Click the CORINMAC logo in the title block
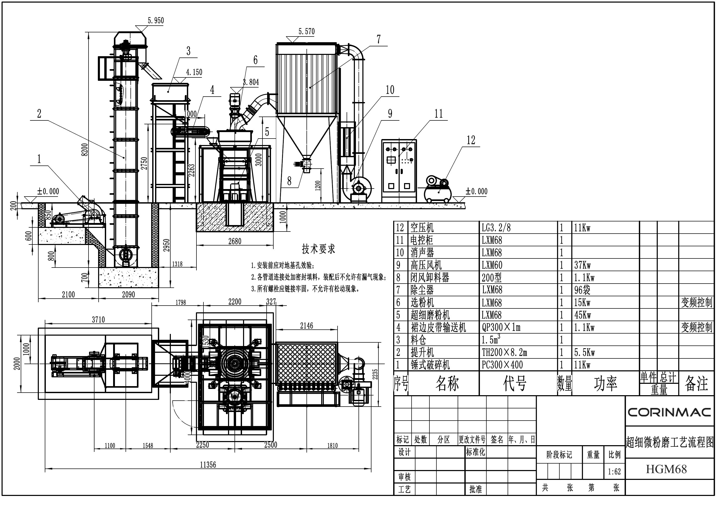670,412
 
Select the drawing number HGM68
666,469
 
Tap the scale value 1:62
614,472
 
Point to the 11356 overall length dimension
208,465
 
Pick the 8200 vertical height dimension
85,149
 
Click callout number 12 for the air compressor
471,140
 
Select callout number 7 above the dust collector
379,39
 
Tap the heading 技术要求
318,249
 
